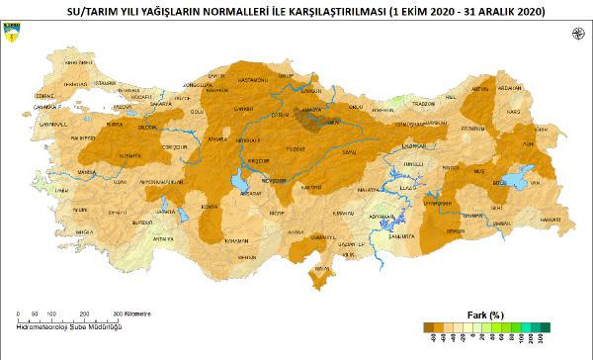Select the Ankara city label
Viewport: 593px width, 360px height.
pos(210,139)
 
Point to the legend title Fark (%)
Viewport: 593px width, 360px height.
pos(485,315)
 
